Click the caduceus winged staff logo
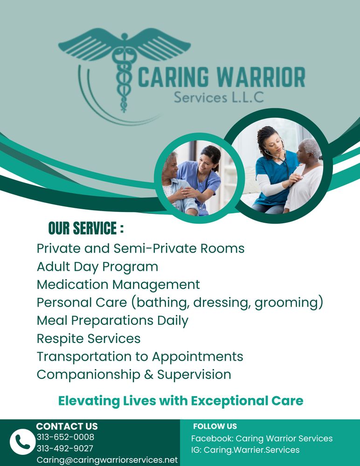point(124,65)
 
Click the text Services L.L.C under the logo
point(219,97)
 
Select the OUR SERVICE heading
point(86,229)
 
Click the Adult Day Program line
point(97,267)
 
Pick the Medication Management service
point(118,285)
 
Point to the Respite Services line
point(89,338)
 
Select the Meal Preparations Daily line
point(112,321)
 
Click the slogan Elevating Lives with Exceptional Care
point(180,401)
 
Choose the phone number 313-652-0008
point(65,437)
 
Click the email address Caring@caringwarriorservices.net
point(107,460)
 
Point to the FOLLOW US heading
point(215,426)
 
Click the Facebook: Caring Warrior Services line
point(262,439)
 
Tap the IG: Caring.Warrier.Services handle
point(245,450)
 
